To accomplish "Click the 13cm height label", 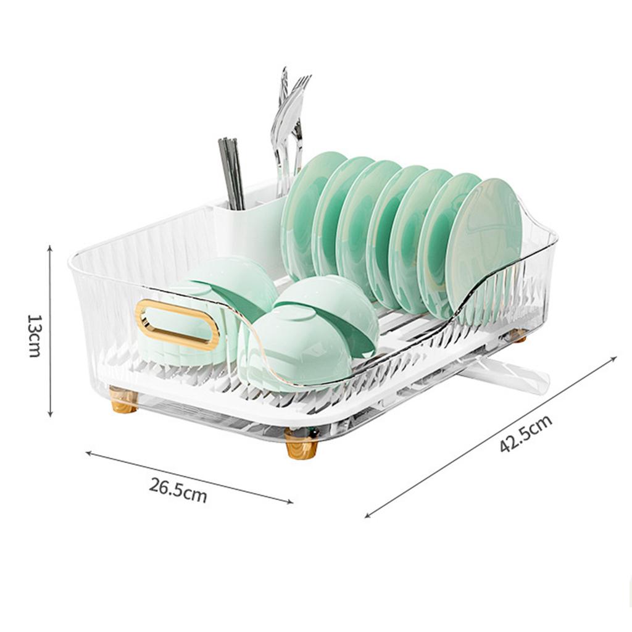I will coord(33,335).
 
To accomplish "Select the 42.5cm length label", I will coord(525,434).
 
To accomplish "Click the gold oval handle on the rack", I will coord(177,325).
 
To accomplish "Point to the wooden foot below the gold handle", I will coord(123,400).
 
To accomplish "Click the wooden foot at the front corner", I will coord(302,444).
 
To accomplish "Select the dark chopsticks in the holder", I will coord(231,173).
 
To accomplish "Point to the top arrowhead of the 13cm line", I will coord(50,247).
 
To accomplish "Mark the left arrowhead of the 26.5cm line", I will coord(88,453).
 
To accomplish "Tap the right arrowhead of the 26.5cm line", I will coord(291,502).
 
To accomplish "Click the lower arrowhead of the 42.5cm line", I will coord(367,516).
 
